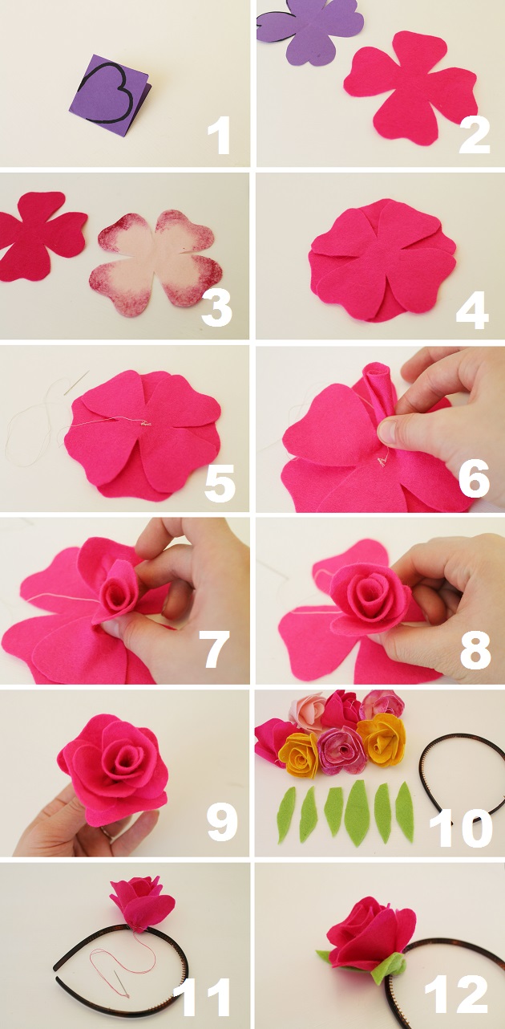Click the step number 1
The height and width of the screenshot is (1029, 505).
pyautogui.click(x=219, y=135)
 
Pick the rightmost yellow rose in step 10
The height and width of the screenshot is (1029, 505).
pyautogui.click(x=382, y=739)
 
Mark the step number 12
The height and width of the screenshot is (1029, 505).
pyautogui.click(x=455, y=995)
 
